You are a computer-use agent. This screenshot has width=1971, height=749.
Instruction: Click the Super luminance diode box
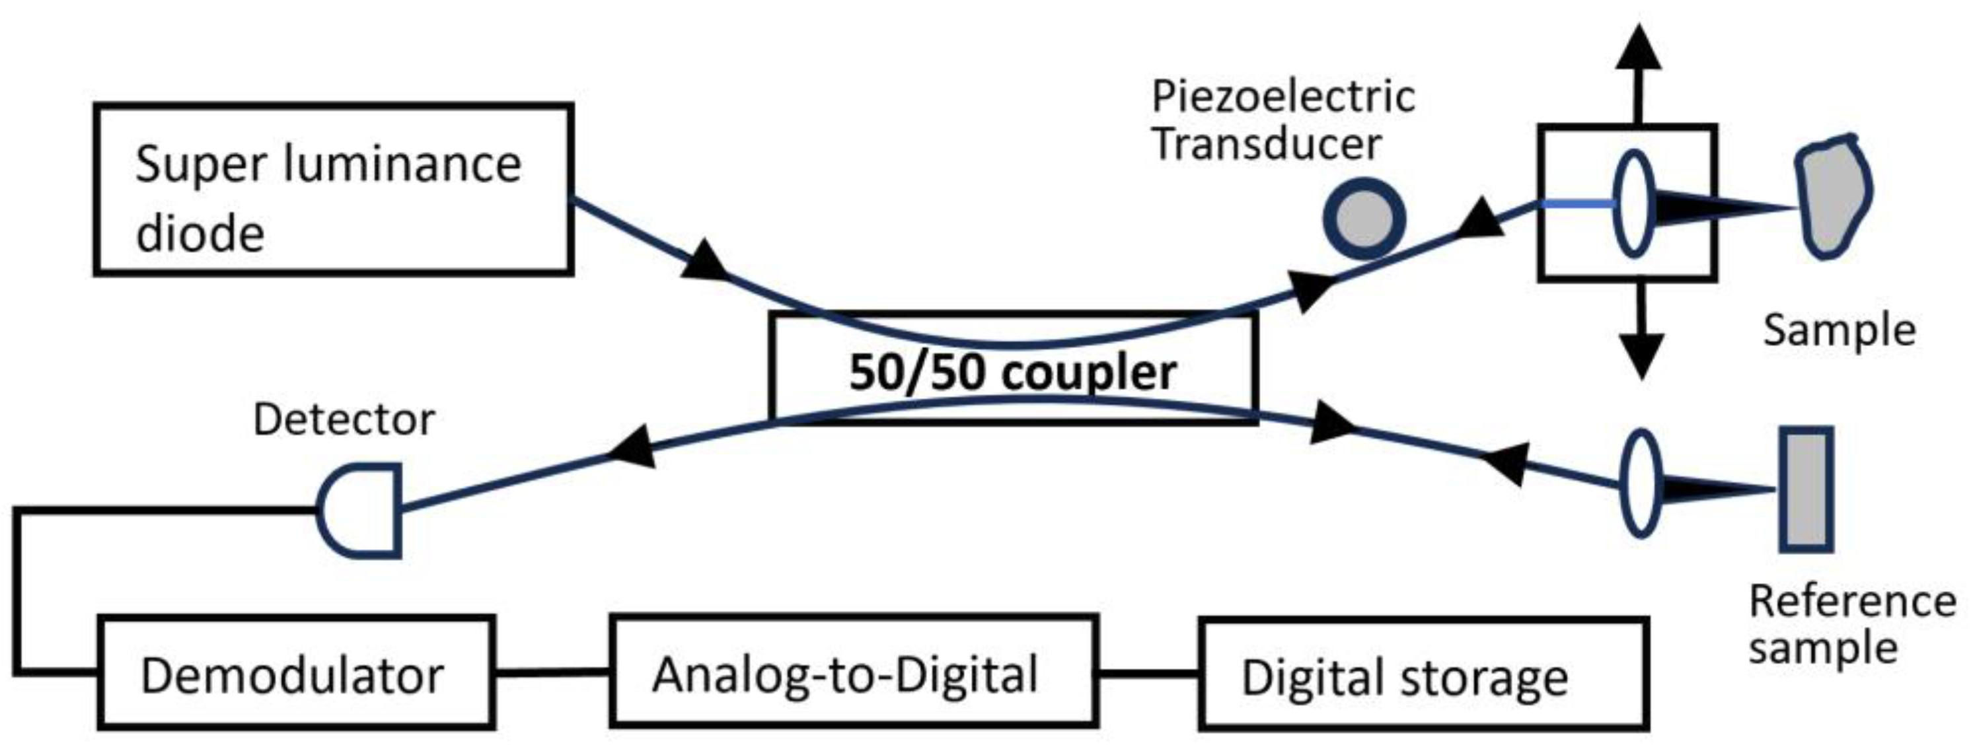coord(334,189)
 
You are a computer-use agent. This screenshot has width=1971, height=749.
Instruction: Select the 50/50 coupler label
coord(1012,373)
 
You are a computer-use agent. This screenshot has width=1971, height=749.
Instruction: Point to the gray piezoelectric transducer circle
coord(1364,219)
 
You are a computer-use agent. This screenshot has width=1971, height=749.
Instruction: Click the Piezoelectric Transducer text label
coord(1283,120)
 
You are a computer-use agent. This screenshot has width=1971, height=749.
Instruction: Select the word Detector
coord(344,419)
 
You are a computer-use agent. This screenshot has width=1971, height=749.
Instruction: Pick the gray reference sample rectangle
coord(1805,488)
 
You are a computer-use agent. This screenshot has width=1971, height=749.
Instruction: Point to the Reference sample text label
coord(1851,623)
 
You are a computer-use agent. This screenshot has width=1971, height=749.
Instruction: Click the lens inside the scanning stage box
coord(1633,203)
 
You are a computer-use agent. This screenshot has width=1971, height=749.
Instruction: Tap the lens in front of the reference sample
coord(1641,483)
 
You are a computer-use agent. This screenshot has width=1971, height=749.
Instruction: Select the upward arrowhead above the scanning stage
coord(1638,50)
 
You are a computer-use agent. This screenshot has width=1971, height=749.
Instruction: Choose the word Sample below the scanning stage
coord(1839,330)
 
